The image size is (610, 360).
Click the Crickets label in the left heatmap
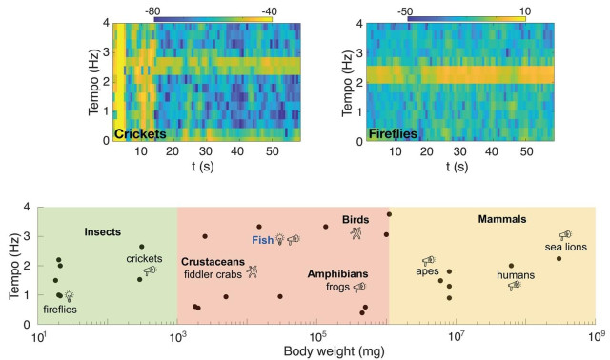click(x=140, y=134)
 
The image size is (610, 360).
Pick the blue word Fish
click(x=263, y=240)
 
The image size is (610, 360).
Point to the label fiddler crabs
click(x=213, y=273)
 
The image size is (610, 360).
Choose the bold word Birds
click(x=355, y=220)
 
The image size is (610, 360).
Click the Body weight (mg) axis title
click(x=316, y=350)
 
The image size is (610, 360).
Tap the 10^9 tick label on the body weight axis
click(x=595, y=335)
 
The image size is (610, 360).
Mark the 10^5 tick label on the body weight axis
click(x=316, y=335)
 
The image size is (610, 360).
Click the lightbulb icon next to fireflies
click(x=70, y=296)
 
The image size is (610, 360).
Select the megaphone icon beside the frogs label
click(x=358, y=286)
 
